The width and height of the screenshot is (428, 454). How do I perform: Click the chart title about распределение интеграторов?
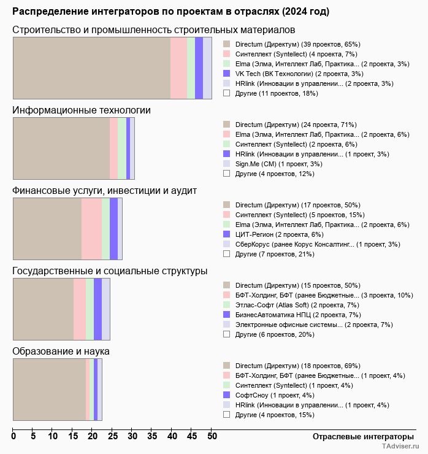(x=170, y=12)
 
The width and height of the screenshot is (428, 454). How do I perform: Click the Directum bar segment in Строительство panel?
(x=91, y=67)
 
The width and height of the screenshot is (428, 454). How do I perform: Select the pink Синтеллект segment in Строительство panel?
(x=178, y=67)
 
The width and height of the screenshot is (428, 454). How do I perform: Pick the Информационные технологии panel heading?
(x=82, y=110)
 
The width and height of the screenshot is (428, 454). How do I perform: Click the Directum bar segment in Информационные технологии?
(x=61, y=148)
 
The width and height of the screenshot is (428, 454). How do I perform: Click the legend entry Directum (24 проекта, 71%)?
(x=296, y=125)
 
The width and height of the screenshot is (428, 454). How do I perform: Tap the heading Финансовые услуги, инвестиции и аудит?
(x=104, y=190)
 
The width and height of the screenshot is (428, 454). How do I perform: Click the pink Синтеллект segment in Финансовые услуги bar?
(x=91, y=228)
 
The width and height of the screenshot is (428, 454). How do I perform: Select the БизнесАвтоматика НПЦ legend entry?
(x=298, y=315)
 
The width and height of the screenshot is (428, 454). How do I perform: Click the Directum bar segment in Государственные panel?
(x=43, y=309)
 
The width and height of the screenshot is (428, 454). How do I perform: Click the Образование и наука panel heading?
(x=61, y=352)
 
